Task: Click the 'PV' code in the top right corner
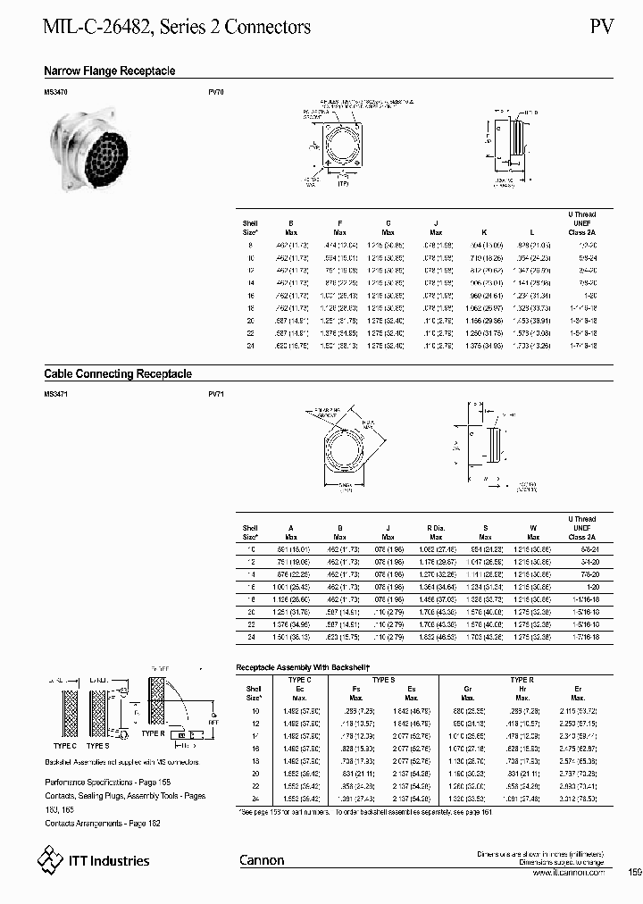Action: click(602, 27)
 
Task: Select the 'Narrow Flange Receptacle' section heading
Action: click(110, 71)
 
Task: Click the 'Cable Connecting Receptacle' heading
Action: click(118, 374)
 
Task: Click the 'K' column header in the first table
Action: click(483, 226)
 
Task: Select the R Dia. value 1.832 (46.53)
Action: click(435, 637)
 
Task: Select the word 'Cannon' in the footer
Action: click(262, 860)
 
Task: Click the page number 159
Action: click(634, 872)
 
